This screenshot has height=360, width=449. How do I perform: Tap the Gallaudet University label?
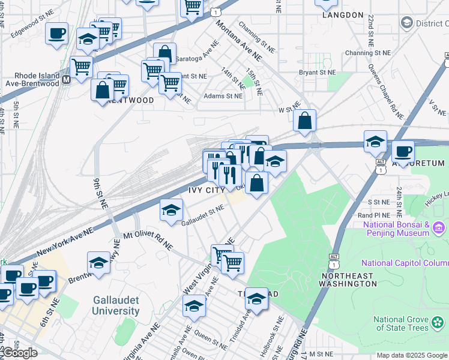116,305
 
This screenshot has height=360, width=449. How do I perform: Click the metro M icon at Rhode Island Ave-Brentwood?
66,79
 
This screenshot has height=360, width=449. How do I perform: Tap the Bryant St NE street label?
317,73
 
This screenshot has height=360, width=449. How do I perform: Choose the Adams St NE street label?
223,96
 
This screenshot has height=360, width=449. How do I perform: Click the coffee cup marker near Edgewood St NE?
57,34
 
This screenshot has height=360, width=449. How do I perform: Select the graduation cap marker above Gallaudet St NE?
171,211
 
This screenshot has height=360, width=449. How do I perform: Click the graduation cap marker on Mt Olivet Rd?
98,262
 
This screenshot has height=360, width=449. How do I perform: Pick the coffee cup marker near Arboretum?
403,151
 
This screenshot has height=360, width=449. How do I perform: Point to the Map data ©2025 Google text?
412,355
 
